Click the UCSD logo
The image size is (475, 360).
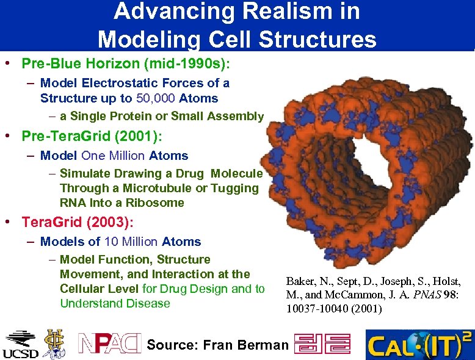[x=20, y=345]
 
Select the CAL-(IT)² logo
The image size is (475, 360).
[x=419, y=345]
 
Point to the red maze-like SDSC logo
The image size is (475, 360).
[x=322, y=344]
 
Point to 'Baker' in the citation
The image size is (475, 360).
[x=301, y=281]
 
